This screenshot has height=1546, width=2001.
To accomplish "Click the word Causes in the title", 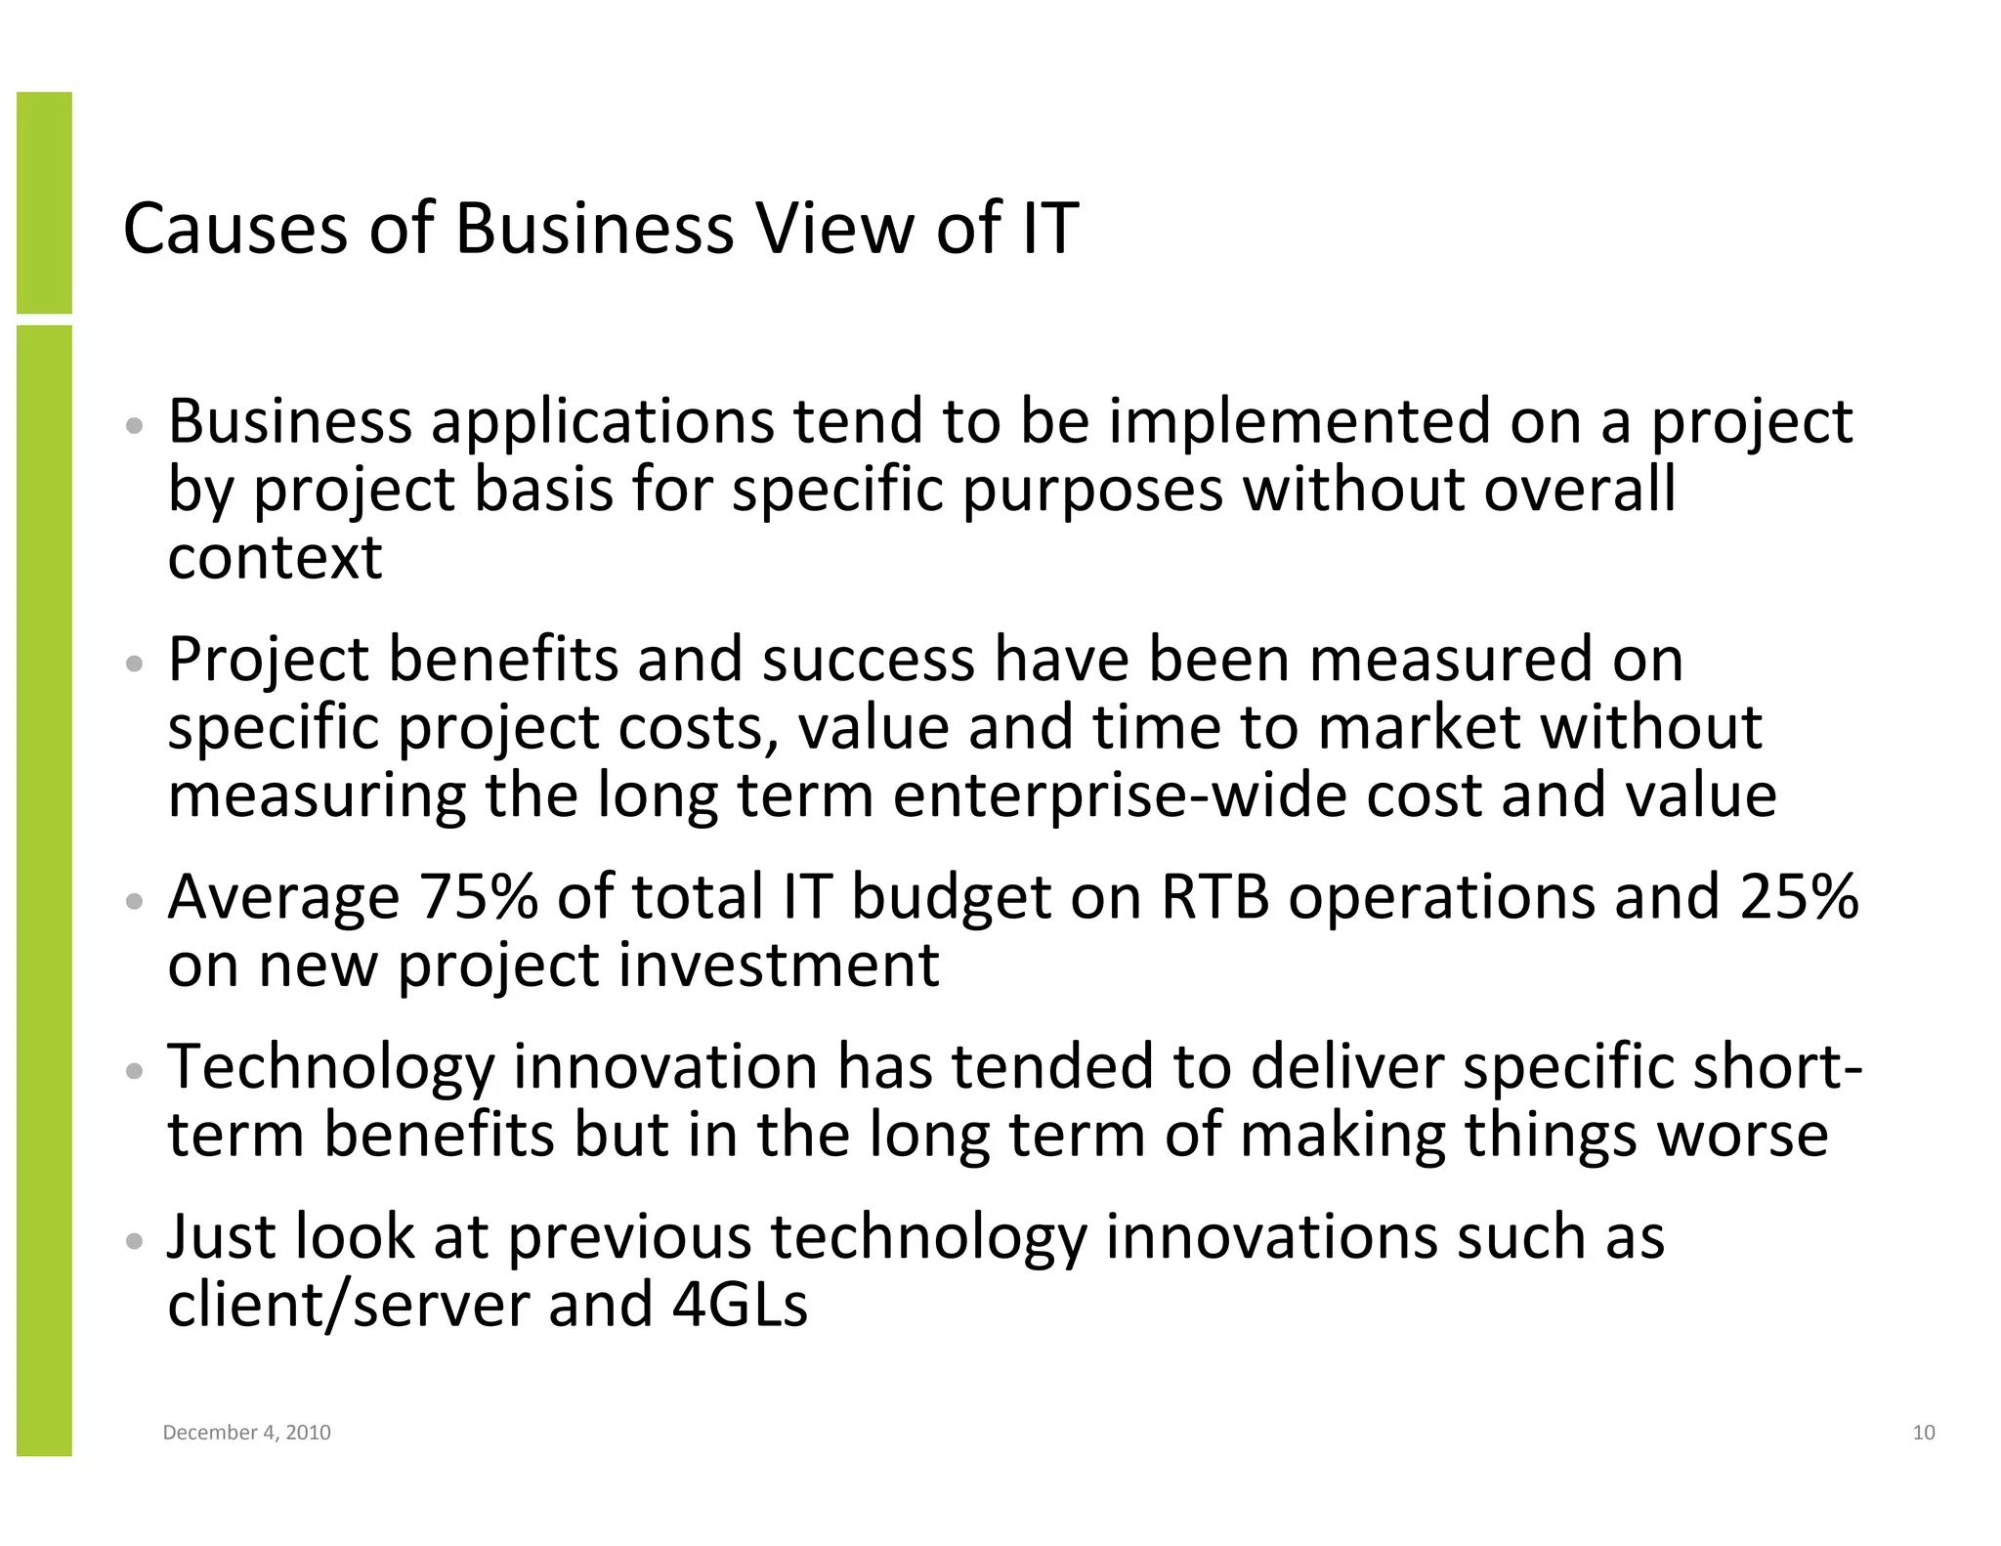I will [234, 229].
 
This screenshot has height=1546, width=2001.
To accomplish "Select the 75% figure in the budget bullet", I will [478, 897].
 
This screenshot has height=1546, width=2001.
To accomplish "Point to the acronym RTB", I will [1213, 897].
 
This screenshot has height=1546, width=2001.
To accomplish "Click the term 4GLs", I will [740, 1305].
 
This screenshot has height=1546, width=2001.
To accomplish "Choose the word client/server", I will [348, 1305].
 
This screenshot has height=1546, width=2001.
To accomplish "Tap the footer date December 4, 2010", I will [246, 1433].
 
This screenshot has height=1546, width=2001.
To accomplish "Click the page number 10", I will [1923, 1433].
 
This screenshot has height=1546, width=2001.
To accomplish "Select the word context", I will [275, 558].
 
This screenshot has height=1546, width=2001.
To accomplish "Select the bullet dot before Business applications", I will [136, 426].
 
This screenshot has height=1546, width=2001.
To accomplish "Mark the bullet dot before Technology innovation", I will [136, 1071].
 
